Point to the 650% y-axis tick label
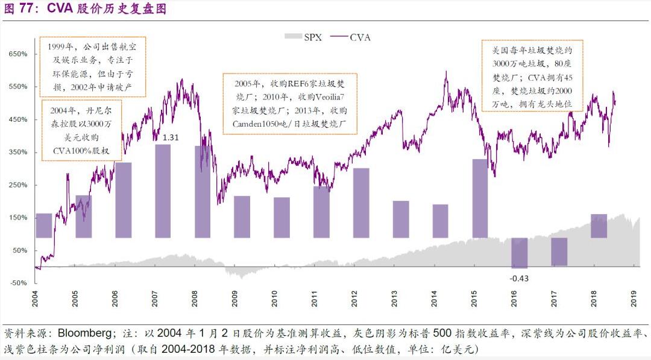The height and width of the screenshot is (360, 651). point(17,54)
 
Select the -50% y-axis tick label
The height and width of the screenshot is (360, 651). point(17,283)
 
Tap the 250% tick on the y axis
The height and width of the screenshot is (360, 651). point(17,185)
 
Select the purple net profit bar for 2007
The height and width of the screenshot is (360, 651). point(163,191)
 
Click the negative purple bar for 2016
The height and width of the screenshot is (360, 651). point(520,253)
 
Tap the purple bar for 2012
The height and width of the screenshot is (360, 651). point(361,203)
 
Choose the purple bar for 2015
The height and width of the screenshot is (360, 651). point(480,198)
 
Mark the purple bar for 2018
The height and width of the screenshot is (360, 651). point(599,226)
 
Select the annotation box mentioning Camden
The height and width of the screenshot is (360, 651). point(290,104)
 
